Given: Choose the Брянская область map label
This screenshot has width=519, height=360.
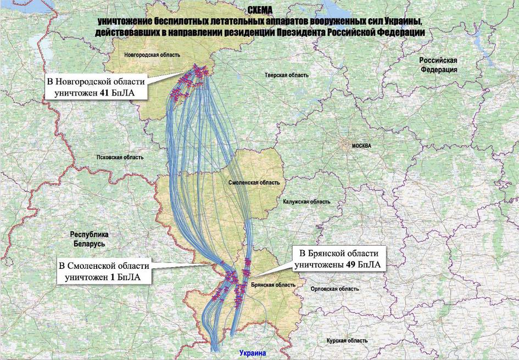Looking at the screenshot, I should pos(269,285).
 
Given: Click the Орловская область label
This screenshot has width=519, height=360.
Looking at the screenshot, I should pos(334,289).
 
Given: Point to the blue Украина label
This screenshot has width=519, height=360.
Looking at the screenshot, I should pos(252,353).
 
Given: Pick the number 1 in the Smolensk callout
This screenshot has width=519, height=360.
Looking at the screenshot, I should pos(113,278).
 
